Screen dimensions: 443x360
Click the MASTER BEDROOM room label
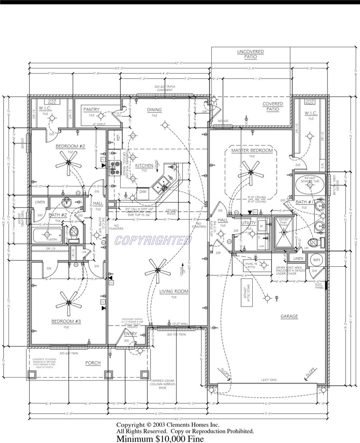coord(252,150)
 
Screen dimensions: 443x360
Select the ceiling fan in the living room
coord(158,270)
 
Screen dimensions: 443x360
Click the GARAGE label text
coord(289,316)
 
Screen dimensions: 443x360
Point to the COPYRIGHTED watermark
coord(153,241)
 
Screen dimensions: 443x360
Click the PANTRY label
coord(91,110)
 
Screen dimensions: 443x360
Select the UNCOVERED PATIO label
coord(251,55)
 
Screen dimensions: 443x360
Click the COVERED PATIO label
coord(273,107)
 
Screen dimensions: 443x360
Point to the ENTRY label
coord(130,333)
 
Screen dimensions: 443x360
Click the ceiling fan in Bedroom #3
coord(70,302)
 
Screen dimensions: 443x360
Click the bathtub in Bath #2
coord(47,235)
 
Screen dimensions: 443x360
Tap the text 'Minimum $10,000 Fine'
coord(160,438)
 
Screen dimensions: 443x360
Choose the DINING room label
coord(155,110)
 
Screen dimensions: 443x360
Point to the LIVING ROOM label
coord(173,292)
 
